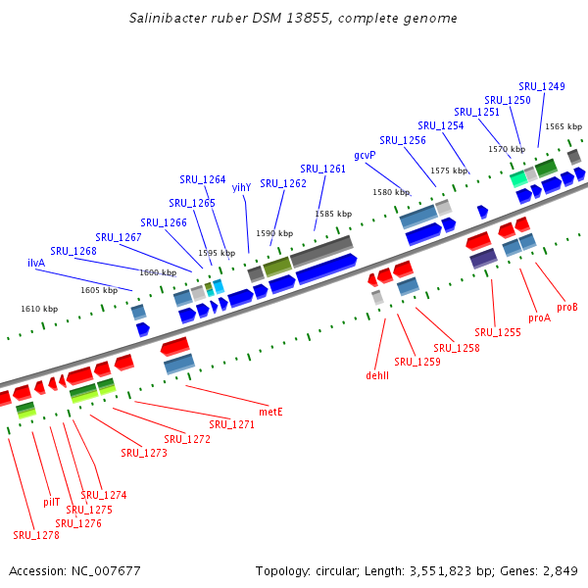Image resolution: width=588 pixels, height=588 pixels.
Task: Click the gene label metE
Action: (269, 412)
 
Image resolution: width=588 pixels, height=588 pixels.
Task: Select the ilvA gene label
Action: (36, 263)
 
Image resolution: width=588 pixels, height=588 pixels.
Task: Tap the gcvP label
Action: (366, 155)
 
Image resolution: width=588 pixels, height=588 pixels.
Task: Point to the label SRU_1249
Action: (542, 86)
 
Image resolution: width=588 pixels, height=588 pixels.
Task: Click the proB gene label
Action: (567, 307)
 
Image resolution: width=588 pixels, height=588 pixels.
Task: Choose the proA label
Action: (539, 318)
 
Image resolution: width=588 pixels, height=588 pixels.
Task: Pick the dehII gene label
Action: (377, 374)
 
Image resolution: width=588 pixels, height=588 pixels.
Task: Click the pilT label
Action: (52, 501)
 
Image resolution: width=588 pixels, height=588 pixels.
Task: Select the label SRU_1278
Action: (36, 535)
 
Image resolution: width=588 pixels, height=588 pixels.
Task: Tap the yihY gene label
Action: (241, 187)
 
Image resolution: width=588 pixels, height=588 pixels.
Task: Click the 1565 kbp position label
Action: (563, 126)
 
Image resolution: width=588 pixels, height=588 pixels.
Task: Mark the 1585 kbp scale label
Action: (333, 214)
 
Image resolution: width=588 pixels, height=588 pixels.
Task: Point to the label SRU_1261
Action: (323, 169)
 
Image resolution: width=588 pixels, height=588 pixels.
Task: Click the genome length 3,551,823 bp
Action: (450, 570)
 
